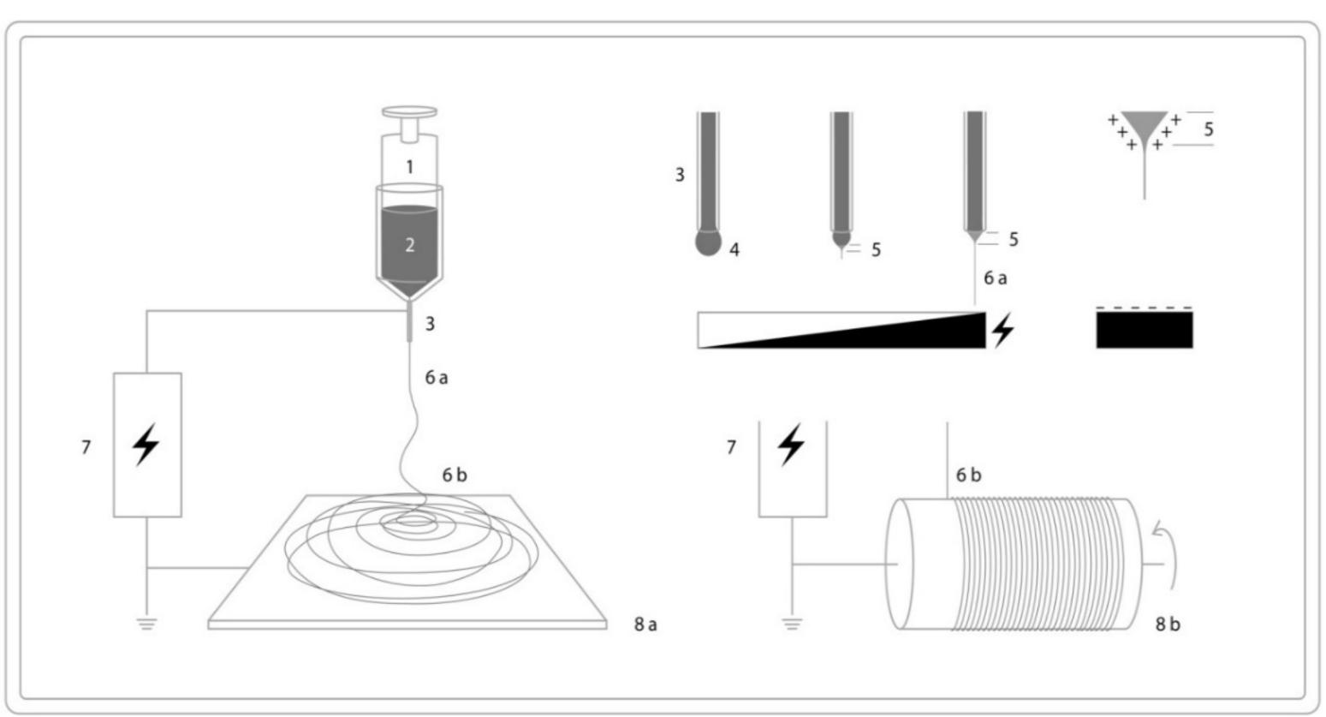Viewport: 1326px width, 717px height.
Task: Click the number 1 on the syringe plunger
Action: [409, 167]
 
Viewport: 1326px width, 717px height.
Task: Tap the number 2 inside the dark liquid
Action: [409, 245]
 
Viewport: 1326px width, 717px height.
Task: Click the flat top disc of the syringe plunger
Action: [409, 111]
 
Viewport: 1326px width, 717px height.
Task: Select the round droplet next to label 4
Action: [709, 242]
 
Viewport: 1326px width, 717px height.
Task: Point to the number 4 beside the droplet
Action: [734, 250]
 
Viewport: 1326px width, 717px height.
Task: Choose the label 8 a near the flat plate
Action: [645, 624]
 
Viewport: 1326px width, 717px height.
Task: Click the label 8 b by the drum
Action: [1168, 624]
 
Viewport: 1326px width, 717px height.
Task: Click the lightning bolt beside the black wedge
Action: [1002, 330]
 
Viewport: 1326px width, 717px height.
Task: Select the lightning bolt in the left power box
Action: [146, 445]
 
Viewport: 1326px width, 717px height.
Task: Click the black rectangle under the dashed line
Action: [1144, 331]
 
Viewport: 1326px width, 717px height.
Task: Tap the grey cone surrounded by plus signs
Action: [1144, 128]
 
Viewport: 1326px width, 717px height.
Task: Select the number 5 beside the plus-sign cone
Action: [1208, 130]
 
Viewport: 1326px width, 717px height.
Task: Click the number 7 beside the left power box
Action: [86, 446]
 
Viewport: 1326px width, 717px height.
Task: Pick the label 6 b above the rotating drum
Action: [968, 475]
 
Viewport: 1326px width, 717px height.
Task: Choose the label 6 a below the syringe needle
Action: [437, 377]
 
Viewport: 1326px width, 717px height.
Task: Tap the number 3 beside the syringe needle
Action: [431, 324]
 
